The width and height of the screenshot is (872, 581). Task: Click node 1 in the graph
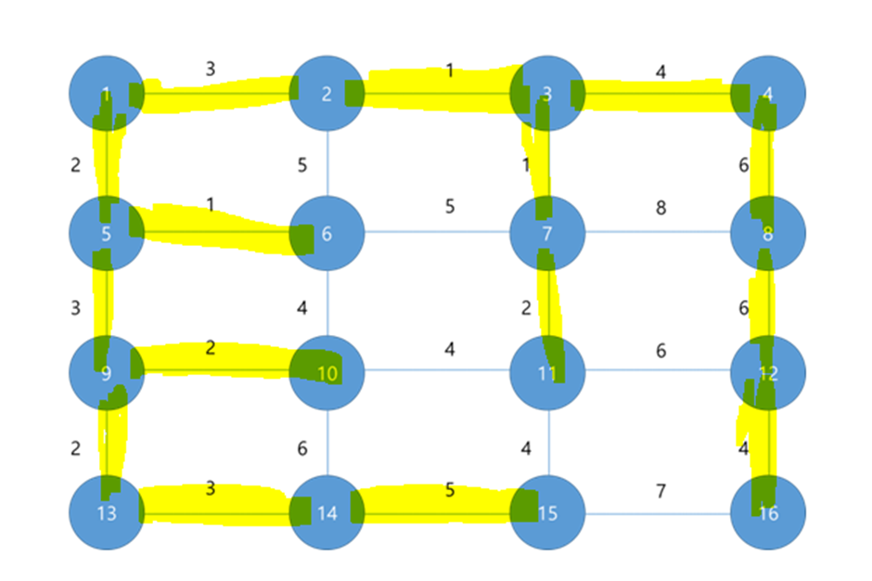click(x=107, y=93)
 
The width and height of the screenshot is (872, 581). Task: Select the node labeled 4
click(x=767, y=93)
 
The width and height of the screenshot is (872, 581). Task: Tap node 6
click(x=327, y=233)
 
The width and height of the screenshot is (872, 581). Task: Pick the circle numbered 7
click(x=547, y=233)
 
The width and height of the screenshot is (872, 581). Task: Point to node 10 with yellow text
click(x=327, y=373)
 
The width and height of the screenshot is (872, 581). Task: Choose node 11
click(x=547, y=373)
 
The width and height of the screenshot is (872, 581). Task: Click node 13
click(x=107, y=512)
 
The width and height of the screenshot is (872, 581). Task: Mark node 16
click(x=767, y=512)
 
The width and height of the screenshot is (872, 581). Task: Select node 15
click(x=547, y=512)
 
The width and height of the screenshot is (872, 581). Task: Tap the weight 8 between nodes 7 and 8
click(x=660, y=208)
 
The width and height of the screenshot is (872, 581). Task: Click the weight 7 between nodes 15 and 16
click(x=660, y=491)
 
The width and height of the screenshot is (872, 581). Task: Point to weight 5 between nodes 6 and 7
click(x=450, y=206)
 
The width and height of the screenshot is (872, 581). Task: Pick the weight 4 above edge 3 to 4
click(x=660, y=71)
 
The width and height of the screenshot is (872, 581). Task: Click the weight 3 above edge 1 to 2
click(x=211, y=69)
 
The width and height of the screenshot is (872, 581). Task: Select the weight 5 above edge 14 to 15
click(x=450, y=489)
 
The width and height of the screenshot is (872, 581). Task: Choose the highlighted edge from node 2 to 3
click(x=436, y=93)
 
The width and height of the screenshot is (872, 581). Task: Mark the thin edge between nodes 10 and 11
click(x=436, y=372)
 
